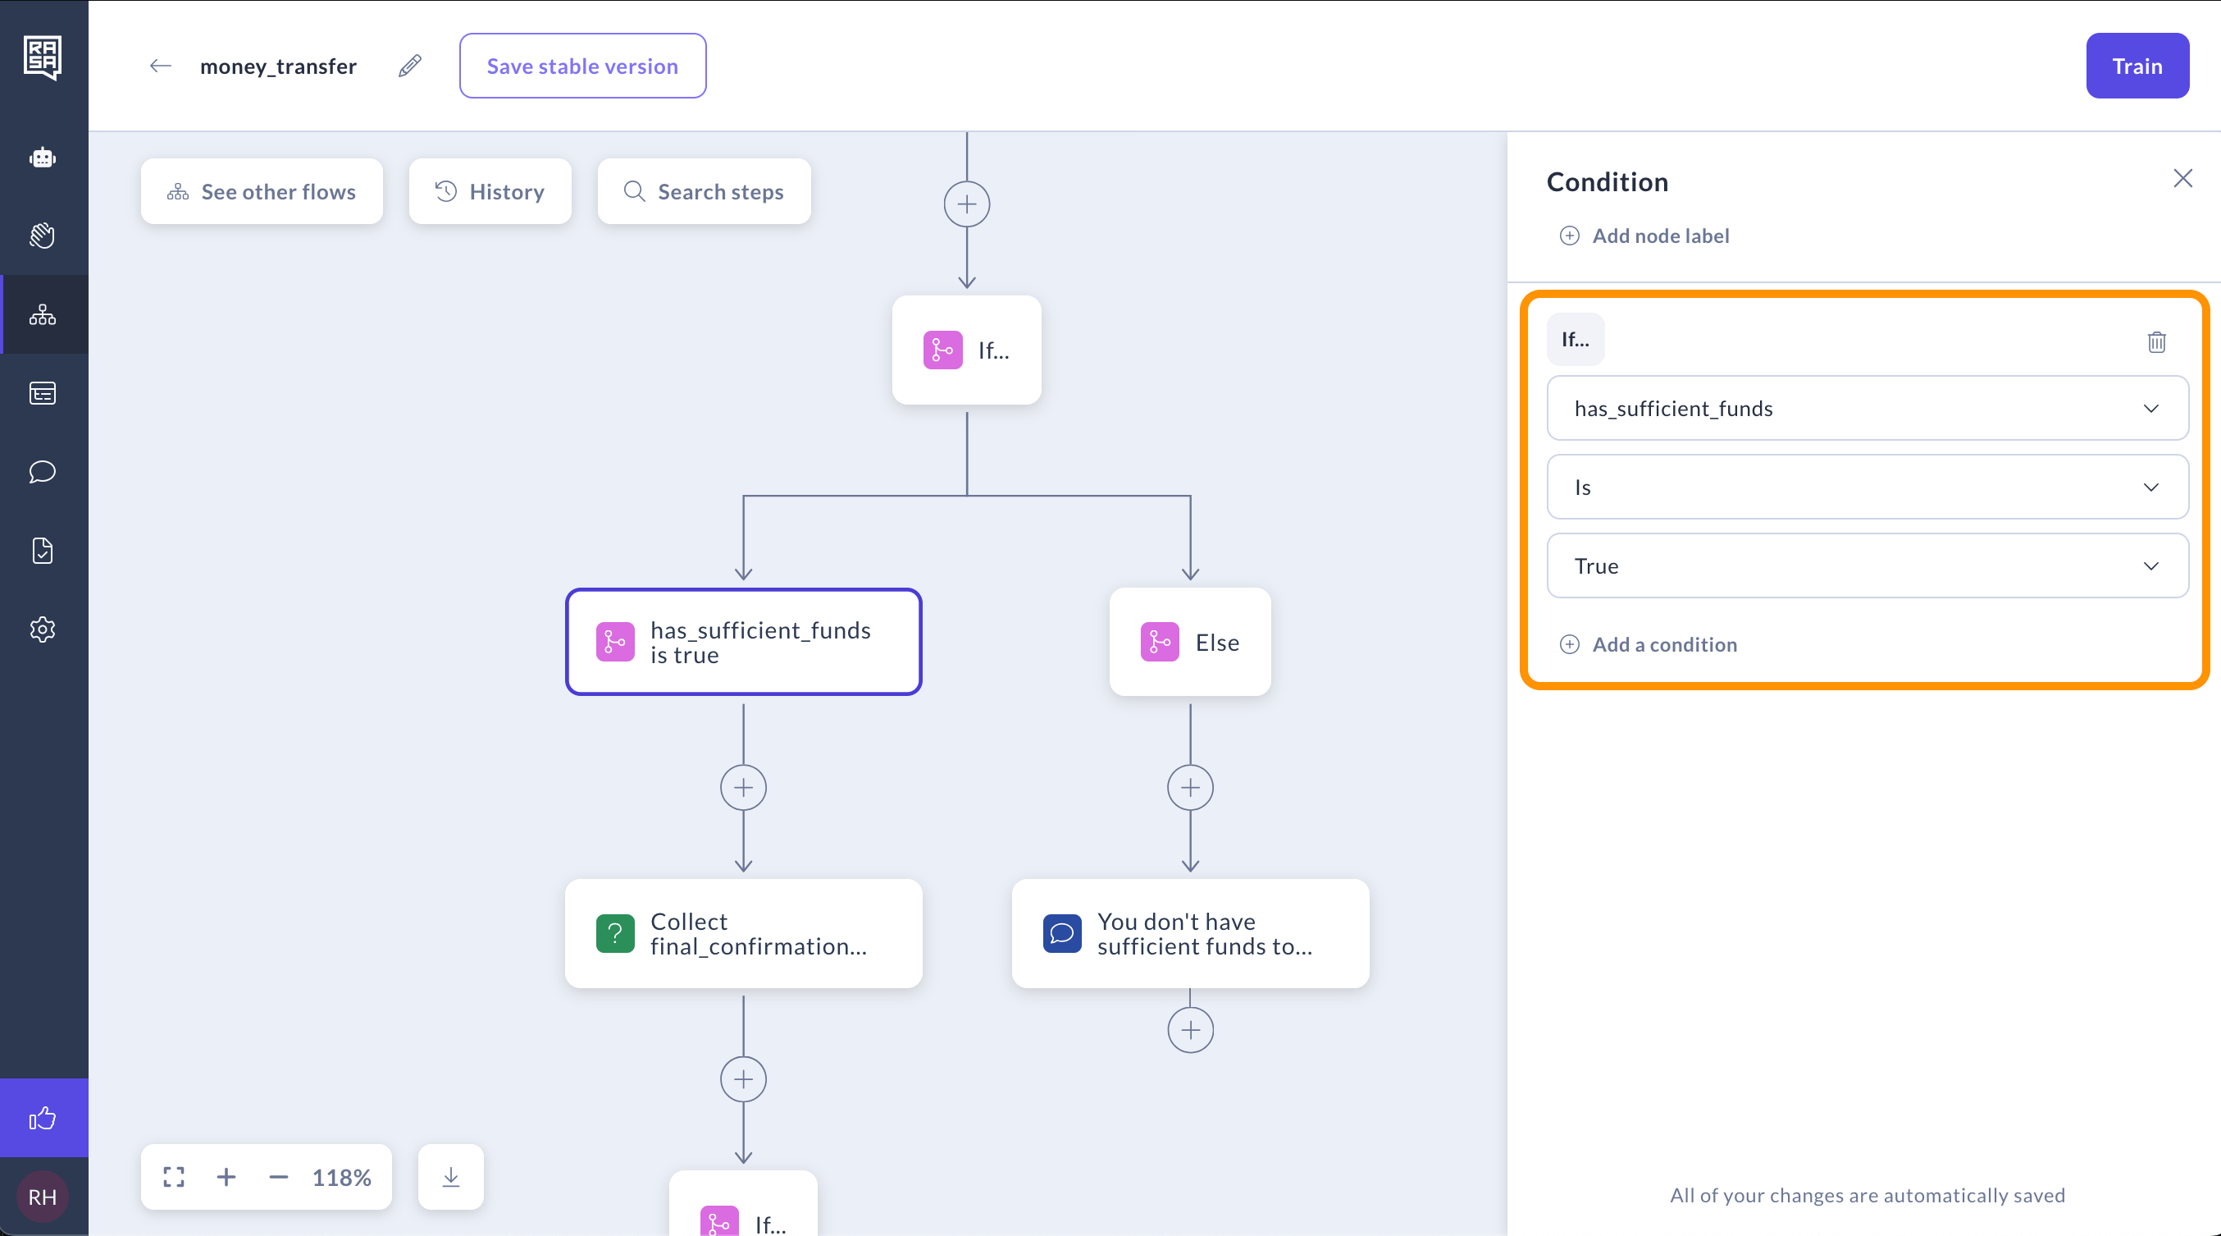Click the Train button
point(2137,66)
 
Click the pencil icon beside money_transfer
point(409,66)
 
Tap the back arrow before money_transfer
point(161,66)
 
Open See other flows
point(262,191)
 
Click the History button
point(490,191)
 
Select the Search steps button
point(704,191)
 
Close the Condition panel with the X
point(2183,179)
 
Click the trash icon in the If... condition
point(2156,341)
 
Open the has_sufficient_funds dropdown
point(1868,408)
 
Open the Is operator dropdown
point(1868,488)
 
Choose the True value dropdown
point(1868,565)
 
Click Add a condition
point(1649,644)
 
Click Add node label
point(1644,236)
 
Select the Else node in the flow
point(1190,643)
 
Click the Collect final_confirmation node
point(743,934)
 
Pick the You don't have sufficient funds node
point(1190,934)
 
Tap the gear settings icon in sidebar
point(43,629)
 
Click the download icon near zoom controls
point(450,1178)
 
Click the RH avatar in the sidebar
point(43,1197)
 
